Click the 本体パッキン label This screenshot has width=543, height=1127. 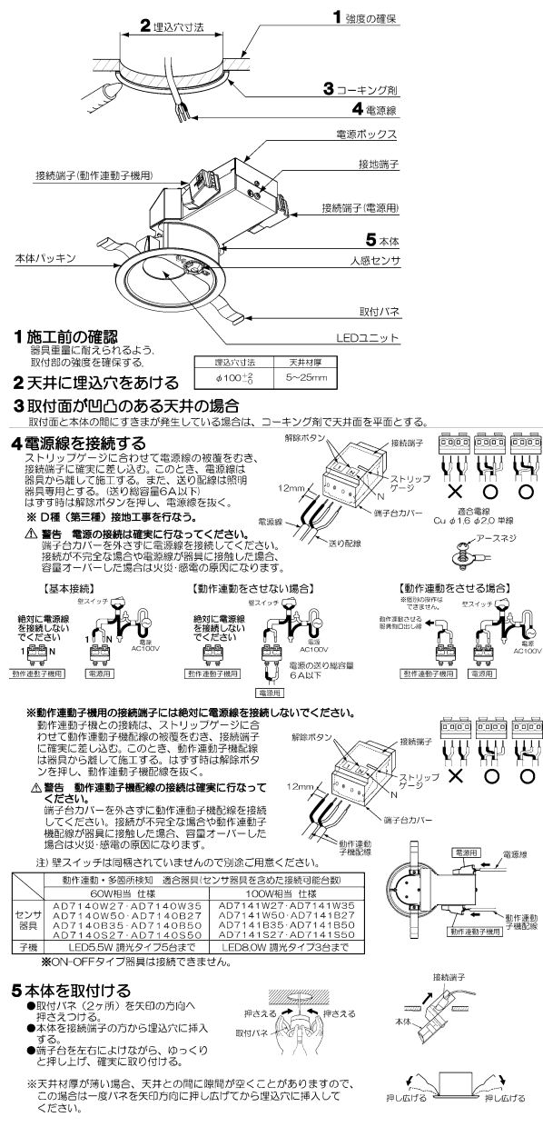pyautogui.click(x=42, y=259)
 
